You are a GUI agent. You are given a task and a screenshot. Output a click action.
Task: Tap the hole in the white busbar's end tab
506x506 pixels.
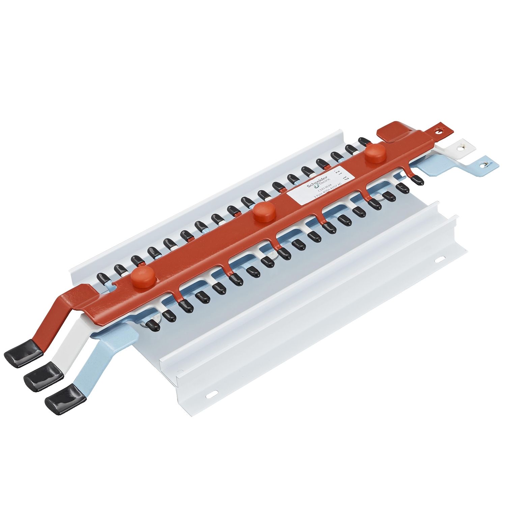tap(461, 147)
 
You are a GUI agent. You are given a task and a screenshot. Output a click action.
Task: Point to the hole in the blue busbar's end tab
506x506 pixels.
tap(485, 164)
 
